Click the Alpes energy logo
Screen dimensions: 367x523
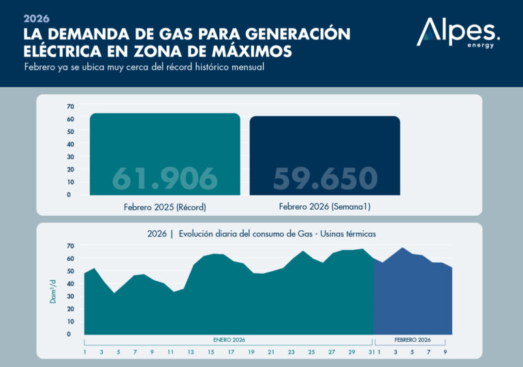point(458,34)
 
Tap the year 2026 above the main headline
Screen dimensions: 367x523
point(37,18)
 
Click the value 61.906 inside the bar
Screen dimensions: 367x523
point(165,178)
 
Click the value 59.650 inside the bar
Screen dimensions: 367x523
point(325,178)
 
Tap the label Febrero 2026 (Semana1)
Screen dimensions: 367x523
point(325,206)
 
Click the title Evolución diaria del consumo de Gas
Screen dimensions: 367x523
point(261,234)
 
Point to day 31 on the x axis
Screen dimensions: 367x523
point(370,352)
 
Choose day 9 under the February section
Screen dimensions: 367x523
point(445,352)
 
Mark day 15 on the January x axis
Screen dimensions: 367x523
point(211,352)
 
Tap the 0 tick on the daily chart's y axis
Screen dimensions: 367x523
point(69,334)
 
